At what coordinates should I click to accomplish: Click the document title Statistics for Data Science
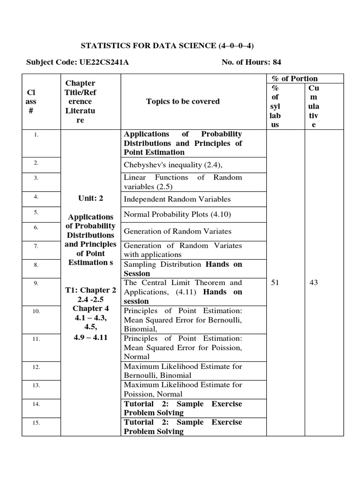point(168,45)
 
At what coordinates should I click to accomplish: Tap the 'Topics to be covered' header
point(183,101)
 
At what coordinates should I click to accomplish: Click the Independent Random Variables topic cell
point(177,199)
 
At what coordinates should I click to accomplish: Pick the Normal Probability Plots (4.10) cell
point(177,215)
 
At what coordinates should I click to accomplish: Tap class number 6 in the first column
point(36,227)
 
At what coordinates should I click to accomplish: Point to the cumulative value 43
point(313,283)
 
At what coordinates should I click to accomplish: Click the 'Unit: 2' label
point(91,198)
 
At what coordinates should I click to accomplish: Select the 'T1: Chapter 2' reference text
point(90,290)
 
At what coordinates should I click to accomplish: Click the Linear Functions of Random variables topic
point(182,181)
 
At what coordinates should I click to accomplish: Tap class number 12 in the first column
point(36,367)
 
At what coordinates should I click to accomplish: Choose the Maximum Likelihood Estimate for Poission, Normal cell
point(182,390)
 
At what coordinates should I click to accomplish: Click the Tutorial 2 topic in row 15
point(182,427)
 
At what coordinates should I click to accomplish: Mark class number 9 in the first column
point(36,283)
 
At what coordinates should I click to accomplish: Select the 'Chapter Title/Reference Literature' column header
point(80,102)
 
